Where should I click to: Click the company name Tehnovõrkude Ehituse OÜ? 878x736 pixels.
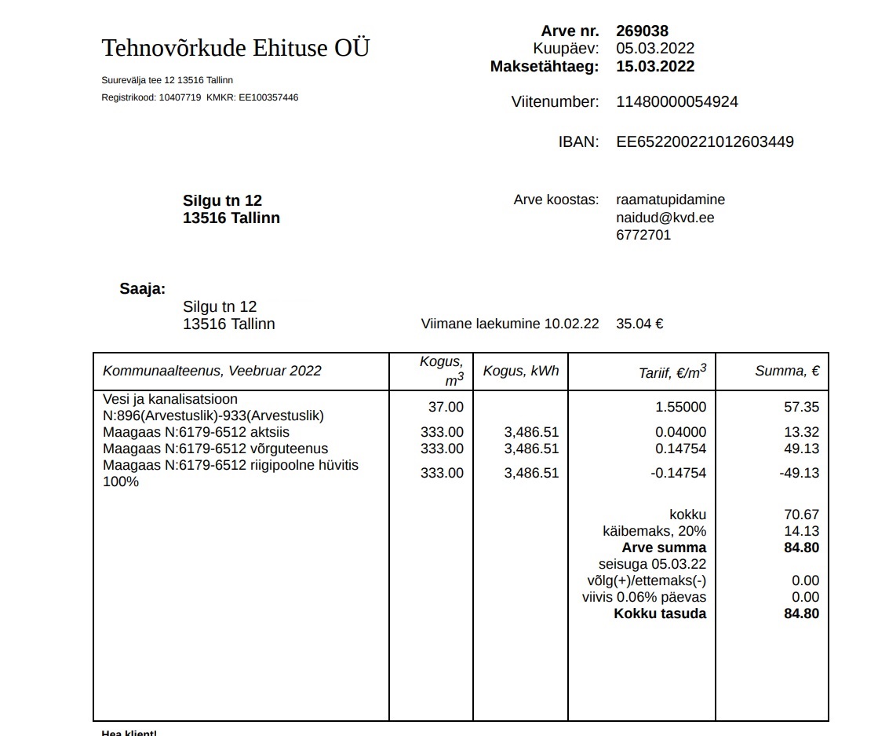click(x=235, y=48)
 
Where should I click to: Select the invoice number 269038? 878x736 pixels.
click(x=642, y=31)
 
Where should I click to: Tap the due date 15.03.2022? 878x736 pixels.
click(x=655, y=66)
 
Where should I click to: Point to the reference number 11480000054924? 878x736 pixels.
click(x=676, y=101)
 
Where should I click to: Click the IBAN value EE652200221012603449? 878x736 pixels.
click(x=705, y=141)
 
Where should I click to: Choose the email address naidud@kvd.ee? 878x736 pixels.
click(x=665, y=218)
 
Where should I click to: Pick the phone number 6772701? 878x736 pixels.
click(x=643, y=235)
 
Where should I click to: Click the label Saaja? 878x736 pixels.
click(x=142, y=288)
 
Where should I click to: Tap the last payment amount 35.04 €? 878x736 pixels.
click(x=639, y=324)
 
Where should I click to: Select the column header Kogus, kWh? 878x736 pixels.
click(x=520, y=371)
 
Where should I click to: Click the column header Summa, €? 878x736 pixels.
click(x=787, y=371)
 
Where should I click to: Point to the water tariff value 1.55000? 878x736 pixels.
click(x=680, y=407)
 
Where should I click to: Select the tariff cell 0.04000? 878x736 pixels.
click(x=680, y=432)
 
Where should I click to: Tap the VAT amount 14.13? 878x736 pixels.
click(x=801, y=531)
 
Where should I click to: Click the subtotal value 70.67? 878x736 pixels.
click(x=801, y=514)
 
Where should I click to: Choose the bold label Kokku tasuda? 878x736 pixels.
click(x=660, y=613)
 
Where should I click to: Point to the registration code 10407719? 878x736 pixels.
click(x=180, y=97)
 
